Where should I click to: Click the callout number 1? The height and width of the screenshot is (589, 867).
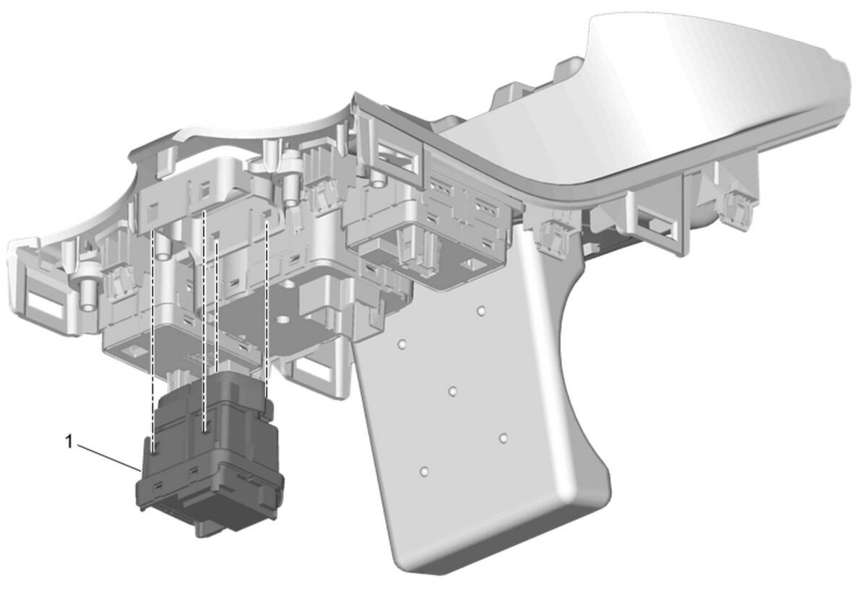[x=69, y=442]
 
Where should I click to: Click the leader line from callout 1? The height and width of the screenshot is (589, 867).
[x=109, y=458]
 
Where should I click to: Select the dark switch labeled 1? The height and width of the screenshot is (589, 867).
[x=210, y=453]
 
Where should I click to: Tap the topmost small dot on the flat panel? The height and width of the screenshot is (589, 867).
[x=480, y=311]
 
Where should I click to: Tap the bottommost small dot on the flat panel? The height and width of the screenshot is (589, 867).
[x=424, y=472]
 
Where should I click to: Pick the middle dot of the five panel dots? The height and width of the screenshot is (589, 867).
[x=452, y=391]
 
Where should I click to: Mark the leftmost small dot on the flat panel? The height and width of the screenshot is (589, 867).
[x=402, y=344]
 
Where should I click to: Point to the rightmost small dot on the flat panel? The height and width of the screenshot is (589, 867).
[x=503, y=438]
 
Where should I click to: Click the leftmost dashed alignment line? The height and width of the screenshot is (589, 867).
[x=153, y=339]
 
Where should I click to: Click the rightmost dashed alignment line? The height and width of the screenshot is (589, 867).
[x=267, y=310]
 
